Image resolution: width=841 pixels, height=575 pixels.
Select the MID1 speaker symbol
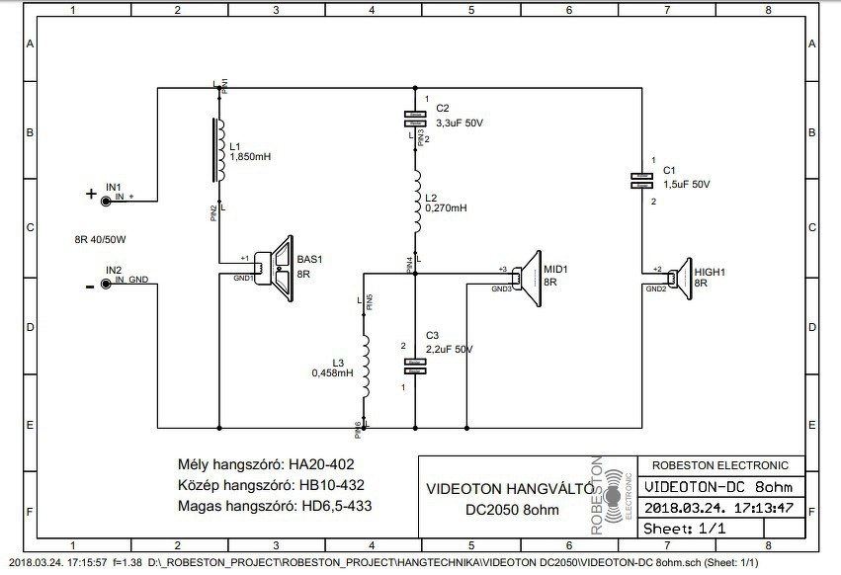(x=528, y=276)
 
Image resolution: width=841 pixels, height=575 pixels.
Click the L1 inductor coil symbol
(x=218, y=151)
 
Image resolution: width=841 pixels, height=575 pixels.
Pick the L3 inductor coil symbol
(x=365, y=368)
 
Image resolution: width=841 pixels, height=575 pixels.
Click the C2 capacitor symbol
(x=416, y=119)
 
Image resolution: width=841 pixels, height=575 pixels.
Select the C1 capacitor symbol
(x=641, y=180)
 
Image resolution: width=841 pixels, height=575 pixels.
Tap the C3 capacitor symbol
(x=415, y=367)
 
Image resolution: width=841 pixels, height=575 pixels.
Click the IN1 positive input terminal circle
(x=105, y=200)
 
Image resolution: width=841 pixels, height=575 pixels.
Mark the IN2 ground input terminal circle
(x=105, y=284)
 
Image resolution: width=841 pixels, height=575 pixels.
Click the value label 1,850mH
(x=251, y=157)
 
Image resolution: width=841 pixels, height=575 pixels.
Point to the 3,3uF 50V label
(x=460, y=123)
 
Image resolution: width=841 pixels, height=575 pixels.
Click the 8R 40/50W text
(x=101, y=240)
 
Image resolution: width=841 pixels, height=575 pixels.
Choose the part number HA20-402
(x=321, y=464)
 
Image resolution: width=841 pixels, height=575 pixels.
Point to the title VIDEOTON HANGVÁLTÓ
(x=509, y=489)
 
